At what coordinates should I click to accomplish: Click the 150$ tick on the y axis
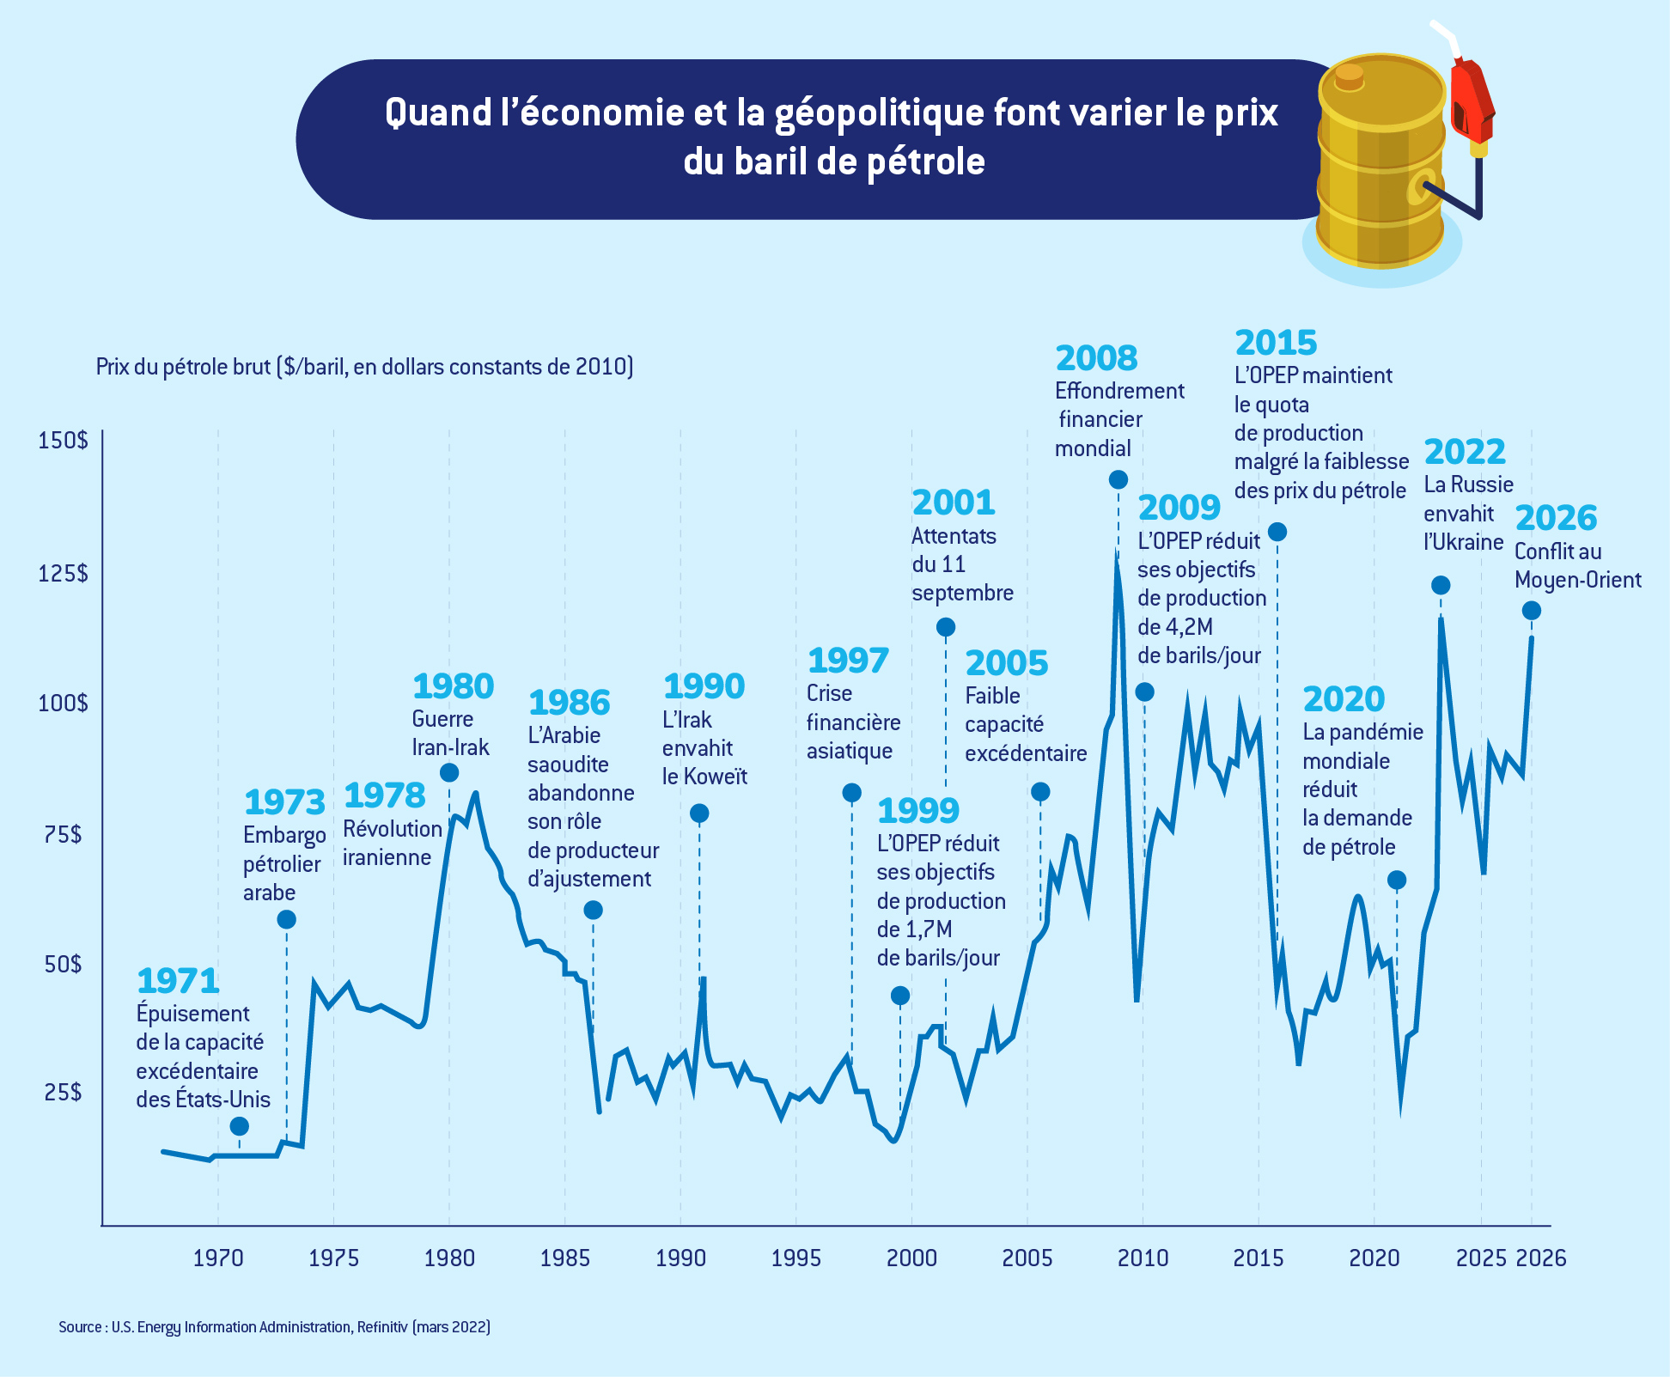[63, 441]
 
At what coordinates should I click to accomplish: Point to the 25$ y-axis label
[63, 1092]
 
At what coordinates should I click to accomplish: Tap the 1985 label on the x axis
[564, 1258]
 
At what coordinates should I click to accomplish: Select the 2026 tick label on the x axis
[1540, 1258]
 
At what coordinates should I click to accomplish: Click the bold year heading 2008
[1096, 358]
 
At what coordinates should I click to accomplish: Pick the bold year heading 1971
[178, 980]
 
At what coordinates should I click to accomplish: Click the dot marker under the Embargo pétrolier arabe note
[287, 920]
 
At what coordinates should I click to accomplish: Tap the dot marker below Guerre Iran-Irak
[449, 772]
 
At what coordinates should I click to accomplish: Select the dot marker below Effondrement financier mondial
[1118, 479]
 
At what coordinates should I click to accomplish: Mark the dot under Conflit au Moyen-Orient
[1531, 611]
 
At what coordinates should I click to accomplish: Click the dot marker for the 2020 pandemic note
[1397, 880]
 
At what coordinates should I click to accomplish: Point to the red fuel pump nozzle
[1471, 99]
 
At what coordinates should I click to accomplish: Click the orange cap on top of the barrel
[1350, 76]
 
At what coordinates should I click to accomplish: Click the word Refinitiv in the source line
[382, 1327]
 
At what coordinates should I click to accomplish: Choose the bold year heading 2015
[1276, 343]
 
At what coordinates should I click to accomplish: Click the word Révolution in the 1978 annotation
[393, 829]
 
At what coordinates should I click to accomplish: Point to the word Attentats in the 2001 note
[954, 536]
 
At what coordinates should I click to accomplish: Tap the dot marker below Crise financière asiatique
[851, 792]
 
